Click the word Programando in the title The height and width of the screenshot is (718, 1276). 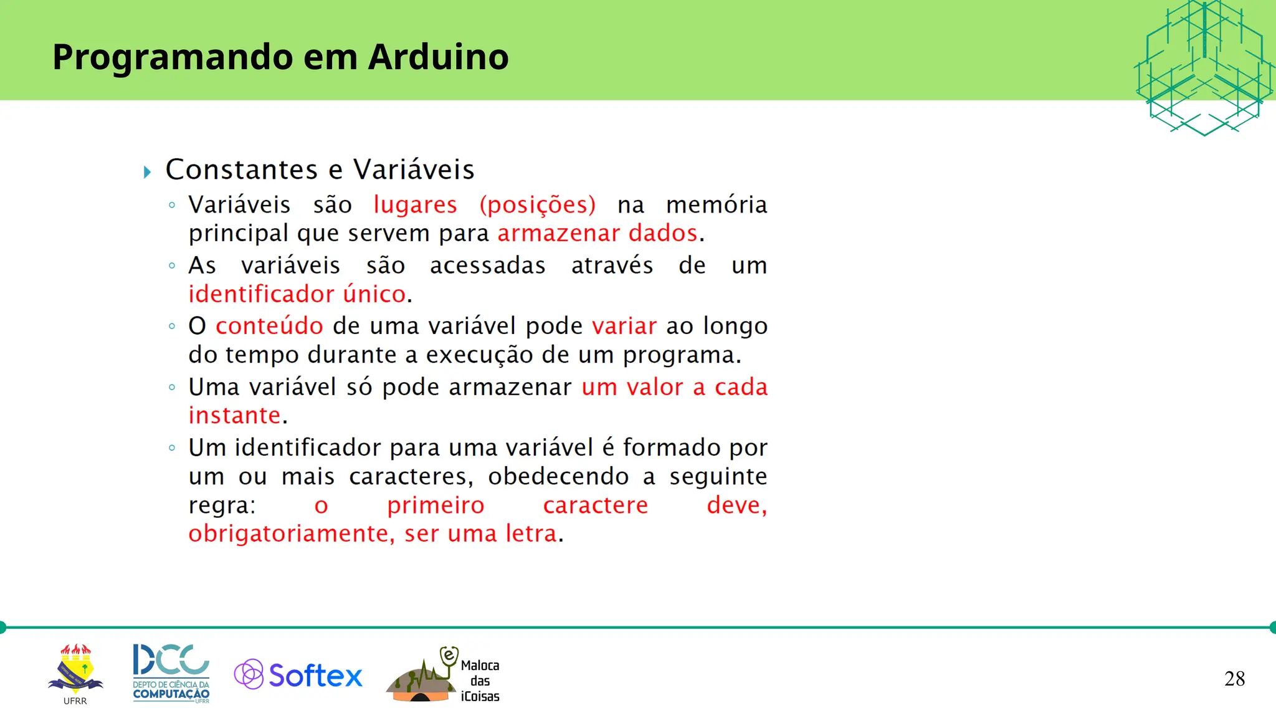click(173, 58)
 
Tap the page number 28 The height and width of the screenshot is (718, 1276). click(1234, 679)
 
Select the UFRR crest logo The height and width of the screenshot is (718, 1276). click(75, 671)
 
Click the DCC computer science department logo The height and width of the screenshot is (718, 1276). click(171, 673)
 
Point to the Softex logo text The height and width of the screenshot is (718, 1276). click(315, 676)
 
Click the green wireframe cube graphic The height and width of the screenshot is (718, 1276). click(1204, 67)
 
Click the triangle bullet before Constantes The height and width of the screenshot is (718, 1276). click(148, 172)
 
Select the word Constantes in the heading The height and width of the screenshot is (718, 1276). click(242, 170)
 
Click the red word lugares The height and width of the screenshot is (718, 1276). click(415, 204)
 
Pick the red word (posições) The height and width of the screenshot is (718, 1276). click(538, 204)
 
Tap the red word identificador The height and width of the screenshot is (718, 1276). click(261, 294)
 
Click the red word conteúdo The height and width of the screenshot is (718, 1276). click(269, 326)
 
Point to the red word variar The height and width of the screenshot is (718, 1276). click(624, 326)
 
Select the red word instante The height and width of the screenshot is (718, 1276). click(234, 415)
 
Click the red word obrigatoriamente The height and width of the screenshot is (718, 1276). click(291, 534)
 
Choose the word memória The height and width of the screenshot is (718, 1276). click(717, 204)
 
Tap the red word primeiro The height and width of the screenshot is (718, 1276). click(436, 505)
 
